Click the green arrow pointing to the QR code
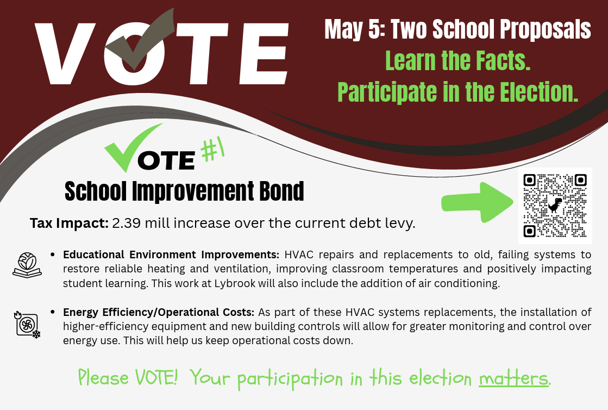[478, 202]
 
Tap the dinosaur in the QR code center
[555, 205]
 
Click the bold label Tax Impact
[69, 223]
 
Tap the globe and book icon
[27, 264]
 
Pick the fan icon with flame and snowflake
[27, 324]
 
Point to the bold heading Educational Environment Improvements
[171, 254]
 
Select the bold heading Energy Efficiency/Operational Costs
[159, 312]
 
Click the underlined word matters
[514, 378]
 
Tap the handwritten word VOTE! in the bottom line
[156, 377]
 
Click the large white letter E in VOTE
[264, 53]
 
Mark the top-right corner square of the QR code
[580, 180]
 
